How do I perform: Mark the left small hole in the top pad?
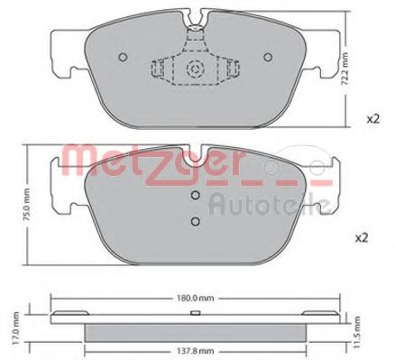[x=123, y=56]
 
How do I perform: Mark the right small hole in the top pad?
[x=267, y=56]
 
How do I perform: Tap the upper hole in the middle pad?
[x=195, y=196]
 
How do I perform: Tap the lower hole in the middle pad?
[x=195, y=223]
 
